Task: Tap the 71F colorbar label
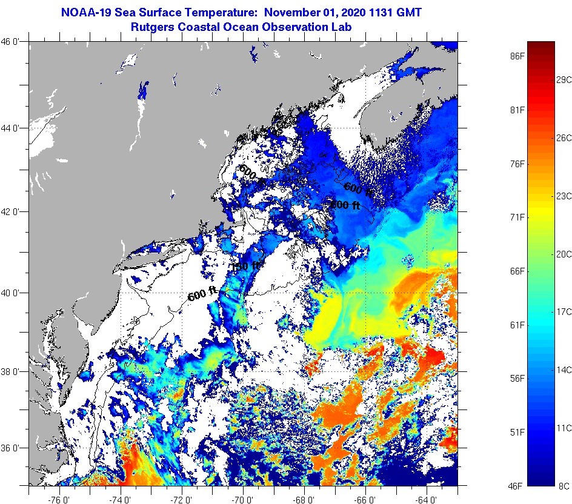tap(517, 217)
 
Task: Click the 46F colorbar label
tap(517, 485)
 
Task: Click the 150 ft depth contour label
tap(245, 266)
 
